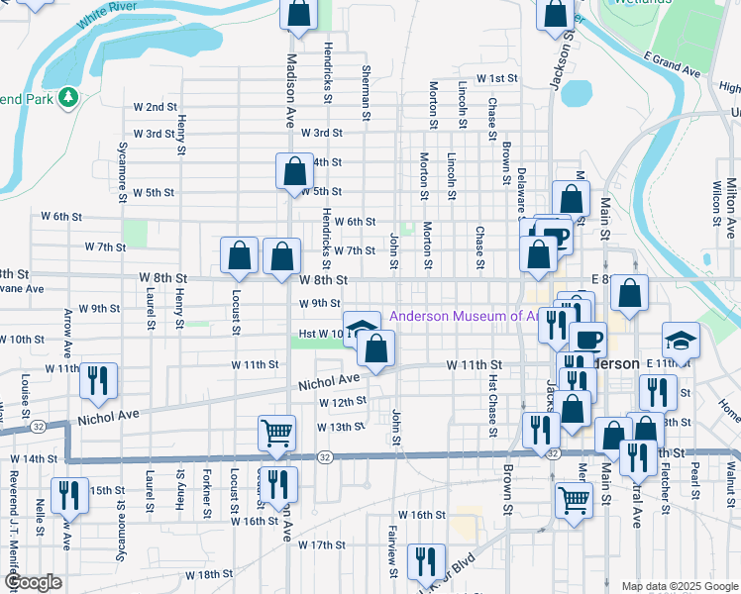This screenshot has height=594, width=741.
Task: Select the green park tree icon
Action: tap(68, 97)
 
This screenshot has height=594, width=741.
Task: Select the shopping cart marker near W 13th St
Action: tap(276, 432)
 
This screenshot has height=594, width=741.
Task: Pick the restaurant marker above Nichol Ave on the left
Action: tap(98, 381)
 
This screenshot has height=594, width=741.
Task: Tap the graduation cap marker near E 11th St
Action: tap(681, 341)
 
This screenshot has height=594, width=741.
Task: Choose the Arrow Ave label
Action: tap(67, 333)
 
